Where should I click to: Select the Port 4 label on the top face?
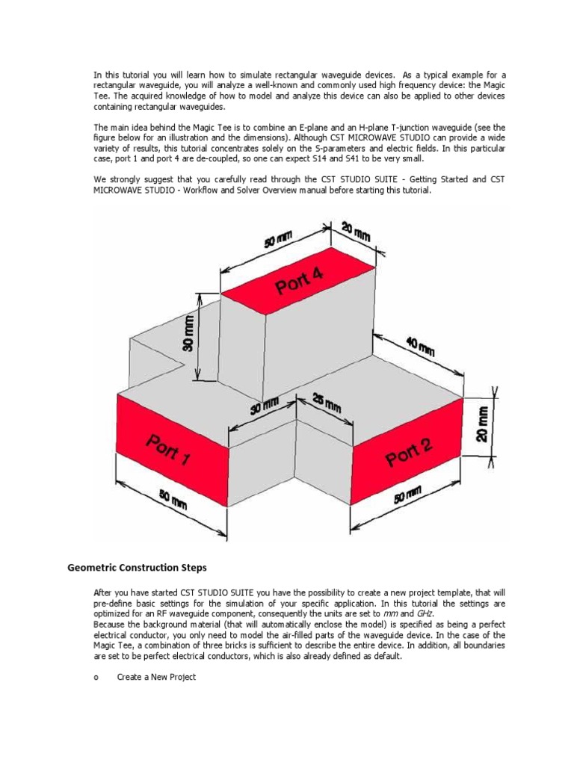300,284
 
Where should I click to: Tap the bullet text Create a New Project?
156,677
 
